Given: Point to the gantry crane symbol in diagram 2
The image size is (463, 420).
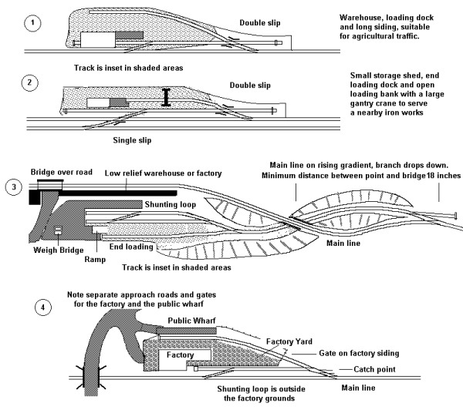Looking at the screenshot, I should (x=165, y=98).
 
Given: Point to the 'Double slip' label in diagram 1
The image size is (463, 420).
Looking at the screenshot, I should (x=263, y=23).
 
